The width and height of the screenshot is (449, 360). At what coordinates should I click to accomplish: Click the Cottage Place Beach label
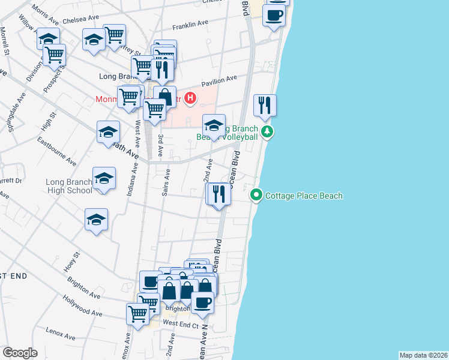pyautogui.click(x=304, y=196)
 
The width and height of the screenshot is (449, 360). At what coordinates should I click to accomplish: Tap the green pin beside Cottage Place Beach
pyautogui.click(x=256, y=195)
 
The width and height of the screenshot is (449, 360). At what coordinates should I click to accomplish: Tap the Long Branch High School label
pyautogui.click(x=69, y=186)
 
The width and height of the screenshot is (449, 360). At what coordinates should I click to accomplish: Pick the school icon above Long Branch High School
pyautogui.click(x=104, y=178)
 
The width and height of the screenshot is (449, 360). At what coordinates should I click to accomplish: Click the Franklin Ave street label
pyautogui.click(x=190, y=26)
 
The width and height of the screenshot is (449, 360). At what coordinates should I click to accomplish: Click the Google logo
pyautogui.click(x=20, y=353)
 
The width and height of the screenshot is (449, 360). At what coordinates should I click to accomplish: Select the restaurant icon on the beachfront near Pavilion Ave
pyautogui.click(x=265, y=106)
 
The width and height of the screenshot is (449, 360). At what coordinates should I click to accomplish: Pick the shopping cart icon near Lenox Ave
pyautogui.click(x=138, y=313)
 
